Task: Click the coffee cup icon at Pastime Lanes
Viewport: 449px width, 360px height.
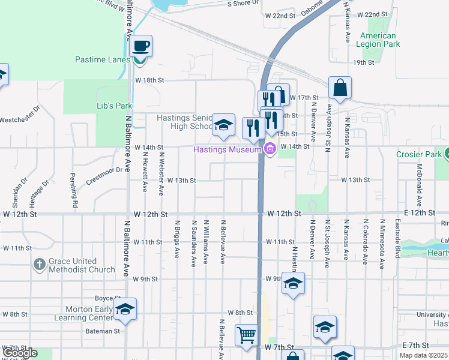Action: pyautogui.click(x=140, y=46)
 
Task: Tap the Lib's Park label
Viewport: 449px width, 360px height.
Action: pyautogui.click(x=114, y=106)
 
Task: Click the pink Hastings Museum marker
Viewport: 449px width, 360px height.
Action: pyautogui.click(x=270, y=149)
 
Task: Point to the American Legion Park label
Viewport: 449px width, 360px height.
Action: pyautogui.click(x=378, y=40)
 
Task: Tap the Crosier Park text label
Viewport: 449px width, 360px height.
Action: pyautogui.click(x=418, y=154)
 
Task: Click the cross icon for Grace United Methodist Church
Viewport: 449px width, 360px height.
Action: pyautogui.click(x=39, y=265)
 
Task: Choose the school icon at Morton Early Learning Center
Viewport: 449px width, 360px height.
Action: pyautogui.click(x=125, y=309)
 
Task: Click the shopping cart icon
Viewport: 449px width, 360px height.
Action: pyautogui.click(x=246, y=335)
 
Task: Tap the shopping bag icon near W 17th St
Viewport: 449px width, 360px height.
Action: pyautogui.click(x=340, y=88)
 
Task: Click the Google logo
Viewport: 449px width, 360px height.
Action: pyautogui.click(x=20, y=353)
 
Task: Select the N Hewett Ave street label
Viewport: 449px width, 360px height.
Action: pyautogui.click(x=145, y=171)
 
